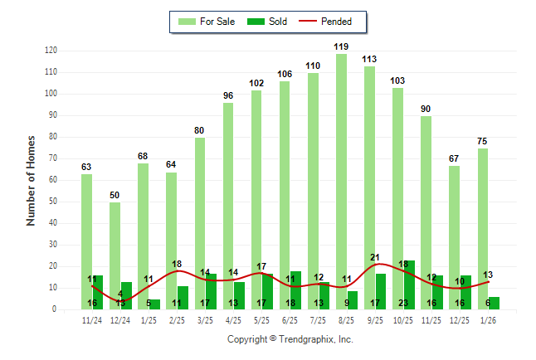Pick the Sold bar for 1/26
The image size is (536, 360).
(x=494, y=303)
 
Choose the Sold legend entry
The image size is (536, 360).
(x=268, y=22)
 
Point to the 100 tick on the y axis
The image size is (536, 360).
(x=51, y=94)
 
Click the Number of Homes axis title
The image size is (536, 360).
(x=31, y=180)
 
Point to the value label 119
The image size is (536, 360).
(x=341, y=46)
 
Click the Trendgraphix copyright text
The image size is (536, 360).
(x=290, y=340)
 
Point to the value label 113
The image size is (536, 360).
(x=369, y=59)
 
